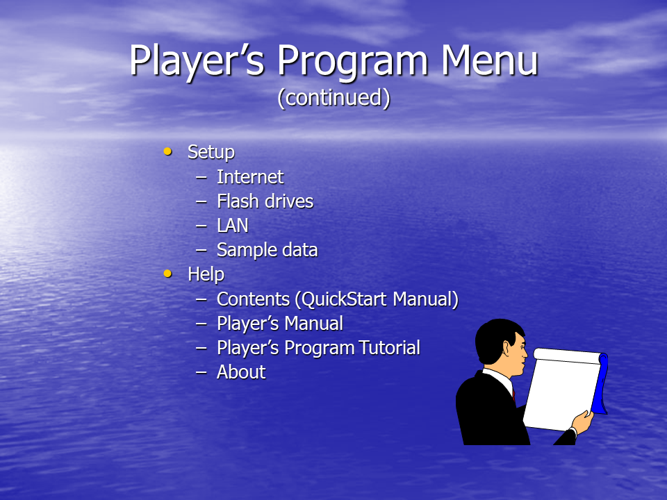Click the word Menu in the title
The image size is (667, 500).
click(x=489, y=60)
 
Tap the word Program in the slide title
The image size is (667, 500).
click(x=352, y=63)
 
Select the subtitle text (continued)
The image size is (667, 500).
click(x=333, y=98)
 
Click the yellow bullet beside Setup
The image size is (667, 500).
click(x=168, y=151)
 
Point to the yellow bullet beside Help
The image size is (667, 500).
click(x=168, y=274)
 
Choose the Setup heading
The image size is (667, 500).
click(x=211, y=153)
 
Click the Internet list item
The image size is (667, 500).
click(x=250, y=177)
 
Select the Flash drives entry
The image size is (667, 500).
click(x=265, y=201)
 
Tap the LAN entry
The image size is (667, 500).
click(x=233, y=225)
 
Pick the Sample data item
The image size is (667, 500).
click(x=267, y=250)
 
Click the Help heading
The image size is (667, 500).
click(x=206, y=274)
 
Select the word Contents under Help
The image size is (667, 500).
click(x=253, y=299)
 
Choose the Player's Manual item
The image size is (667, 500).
click(x=280, y=324)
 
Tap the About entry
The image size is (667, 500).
click(x=241, y=372)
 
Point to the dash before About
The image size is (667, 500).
click(x=201, y=373)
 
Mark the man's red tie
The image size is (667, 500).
click(x=514, y=394)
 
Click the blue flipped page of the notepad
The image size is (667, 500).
click(x=600, y=385)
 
